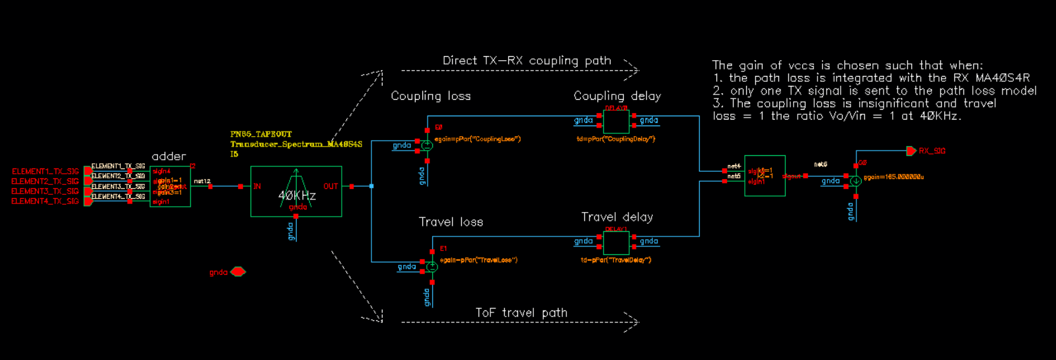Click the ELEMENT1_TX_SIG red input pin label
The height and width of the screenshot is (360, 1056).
click(45, 171)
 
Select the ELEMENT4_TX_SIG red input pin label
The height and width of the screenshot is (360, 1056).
click(45, 201)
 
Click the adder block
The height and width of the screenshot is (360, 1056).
click(170, 186)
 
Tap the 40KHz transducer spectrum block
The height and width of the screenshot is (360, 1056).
click(296, 191)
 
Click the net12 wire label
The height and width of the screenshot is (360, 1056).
click(202, 181)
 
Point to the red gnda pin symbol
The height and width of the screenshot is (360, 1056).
click(238, 272)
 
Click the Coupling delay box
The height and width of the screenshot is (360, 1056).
click(616, 121)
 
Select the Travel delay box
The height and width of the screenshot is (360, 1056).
click(616, 242)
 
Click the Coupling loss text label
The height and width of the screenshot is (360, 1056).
click(430, 96)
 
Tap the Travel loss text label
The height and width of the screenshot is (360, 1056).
click(451, 222)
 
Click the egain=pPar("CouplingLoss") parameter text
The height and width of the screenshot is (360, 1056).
click(478, 139)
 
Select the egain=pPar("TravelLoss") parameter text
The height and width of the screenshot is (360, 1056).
click(478, 260)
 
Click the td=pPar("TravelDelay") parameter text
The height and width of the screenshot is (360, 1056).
click(616, 260)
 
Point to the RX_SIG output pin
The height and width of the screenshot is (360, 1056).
click(911, 151)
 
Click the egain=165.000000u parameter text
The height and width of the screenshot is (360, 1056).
click(893, 177)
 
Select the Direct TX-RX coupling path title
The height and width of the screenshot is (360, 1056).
click(527, 61)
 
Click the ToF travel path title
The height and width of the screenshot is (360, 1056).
click(521, 312)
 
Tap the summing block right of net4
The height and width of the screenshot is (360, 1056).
click(765, 176)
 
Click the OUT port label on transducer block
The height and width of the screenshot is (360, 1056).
click(330, 186)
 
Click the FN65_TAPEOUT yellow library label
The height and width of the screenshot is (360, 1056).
click(261, 134)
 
